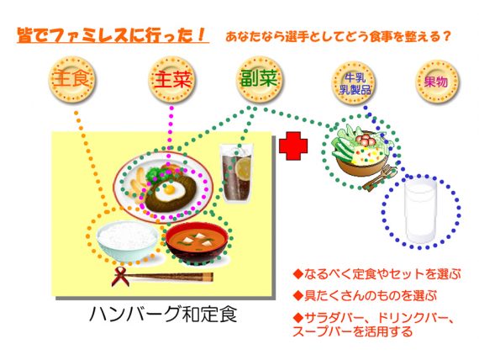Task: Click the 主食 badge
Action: (71, 79)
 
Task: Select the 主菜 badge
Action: (172, 79)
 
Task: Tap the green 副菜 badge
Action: (260, 78)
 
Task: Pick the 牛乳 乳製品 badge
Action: (355, 83)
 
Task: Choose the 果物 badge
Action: (437, 82)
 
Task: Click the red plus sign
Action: (293, 146)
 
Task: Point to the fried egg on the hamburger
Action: (168, 191)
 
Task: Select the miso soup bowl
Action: (197, 243)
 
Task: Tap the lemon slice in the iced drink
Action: (244, 168)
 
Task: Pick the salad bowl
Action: (361, 155)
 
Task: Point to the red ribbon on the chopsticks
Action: (120, 276)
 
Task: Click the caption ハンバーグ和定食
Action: (163, 315)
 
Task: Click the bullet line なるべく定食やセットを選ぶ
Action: (377, 274)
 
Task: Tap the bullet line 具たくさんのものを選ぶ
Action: (365, 296)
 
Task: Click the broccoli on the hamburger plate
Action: (153, 175)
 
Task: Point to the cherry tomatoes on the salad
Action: (365, 139)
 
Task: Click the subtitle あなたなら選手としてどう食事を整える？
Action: (338, 37)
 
